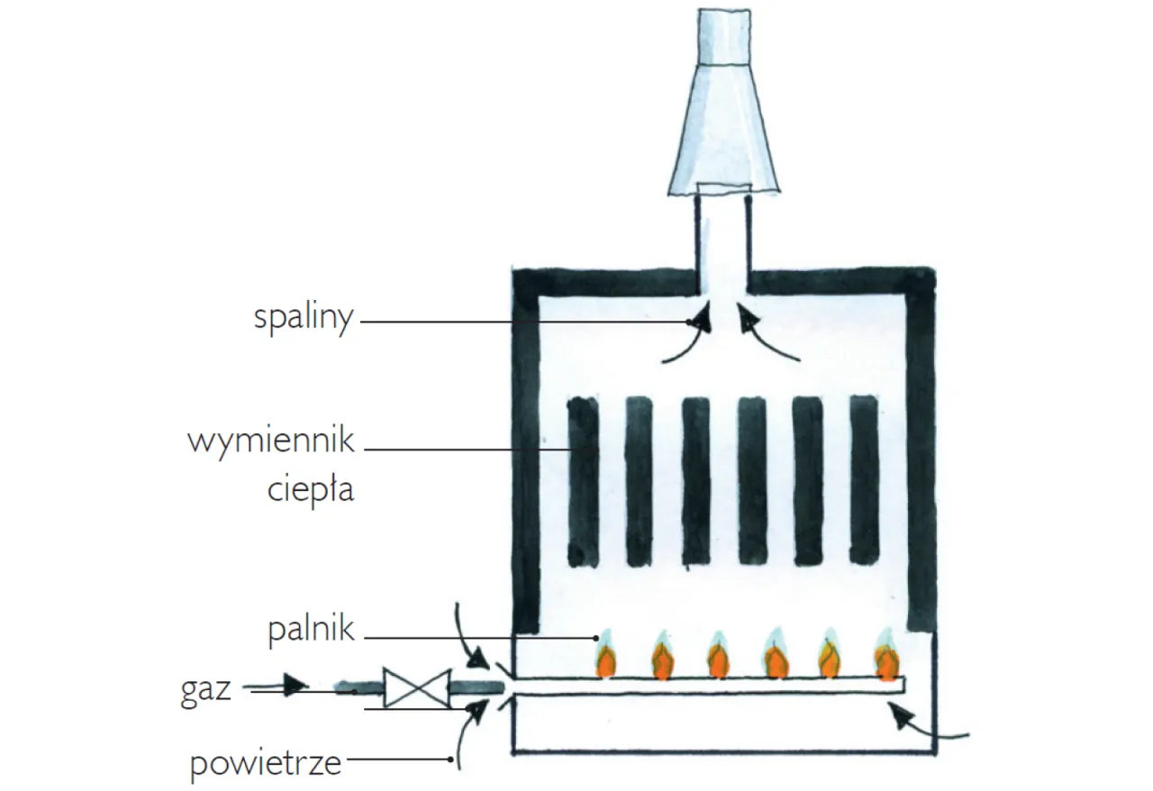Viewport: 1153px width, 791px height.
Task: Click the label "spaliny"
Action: (303, 319)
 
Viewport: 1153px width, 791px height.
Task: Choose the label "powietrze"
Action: (266, 764)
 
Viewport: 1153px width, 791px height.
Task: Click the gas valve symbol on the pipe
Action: (415, 689)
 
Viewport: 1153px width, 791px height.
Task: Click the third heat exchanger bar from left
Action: (696, 482)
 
